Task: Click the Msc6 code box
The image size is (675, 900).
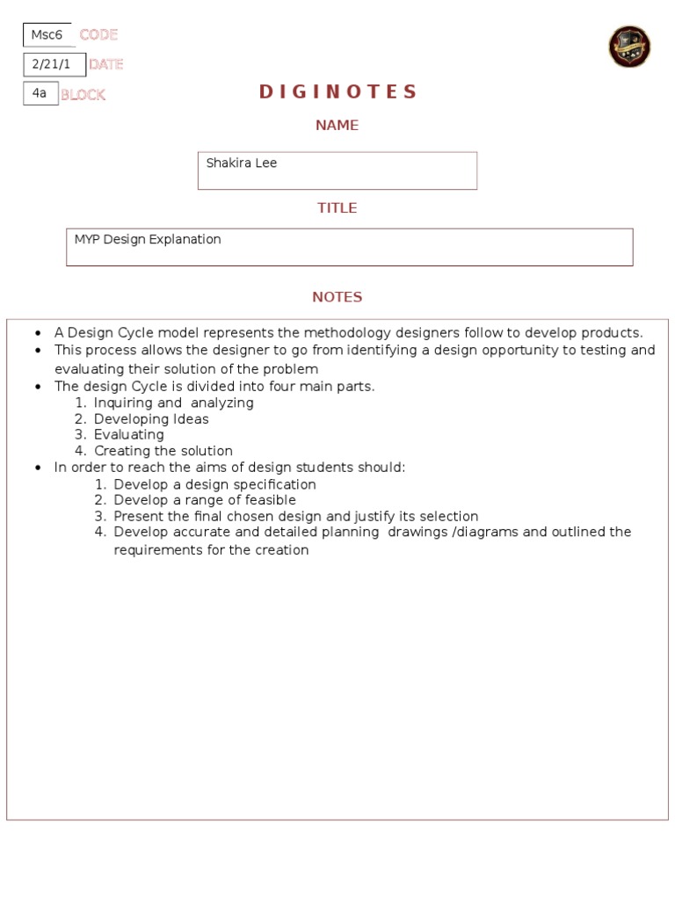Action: (47, 35)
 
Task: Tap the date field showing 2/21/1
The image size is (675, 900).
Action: (54, 64)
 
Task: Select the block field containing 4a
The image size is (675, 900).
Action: (40, 93)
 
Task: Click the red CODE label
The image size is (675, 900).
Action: (98, 35)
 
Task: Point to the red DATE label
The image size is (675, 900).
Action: (105, 64)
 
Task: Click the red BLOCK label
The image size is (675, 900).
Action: (83, 95)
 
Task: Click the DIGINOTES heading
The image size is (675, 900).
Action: (337, 92)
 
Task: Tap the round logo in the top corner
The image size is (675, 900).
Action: (629, 47)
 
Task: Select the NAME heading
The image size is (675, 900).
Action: (337, 126)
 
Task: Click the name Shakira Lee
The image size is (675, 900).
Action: (242, 163)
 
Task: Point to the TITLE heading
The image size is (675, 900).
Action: (337, 208)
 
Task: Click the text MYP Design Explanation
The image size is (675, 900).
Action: (148, 240)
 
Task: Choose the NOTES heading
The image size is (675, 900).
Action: (337, 297)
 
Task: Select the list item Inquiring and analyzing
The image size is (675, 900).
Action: (173, 403)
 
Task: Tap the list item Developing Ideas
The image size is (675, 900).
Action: (151, 419)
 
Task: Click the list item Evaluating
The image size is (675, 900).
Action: (128, 435)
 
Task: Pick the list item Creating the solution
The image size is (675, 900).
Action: (163, 452)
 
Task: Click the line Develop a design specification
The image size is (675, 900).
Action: (214, 484)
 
